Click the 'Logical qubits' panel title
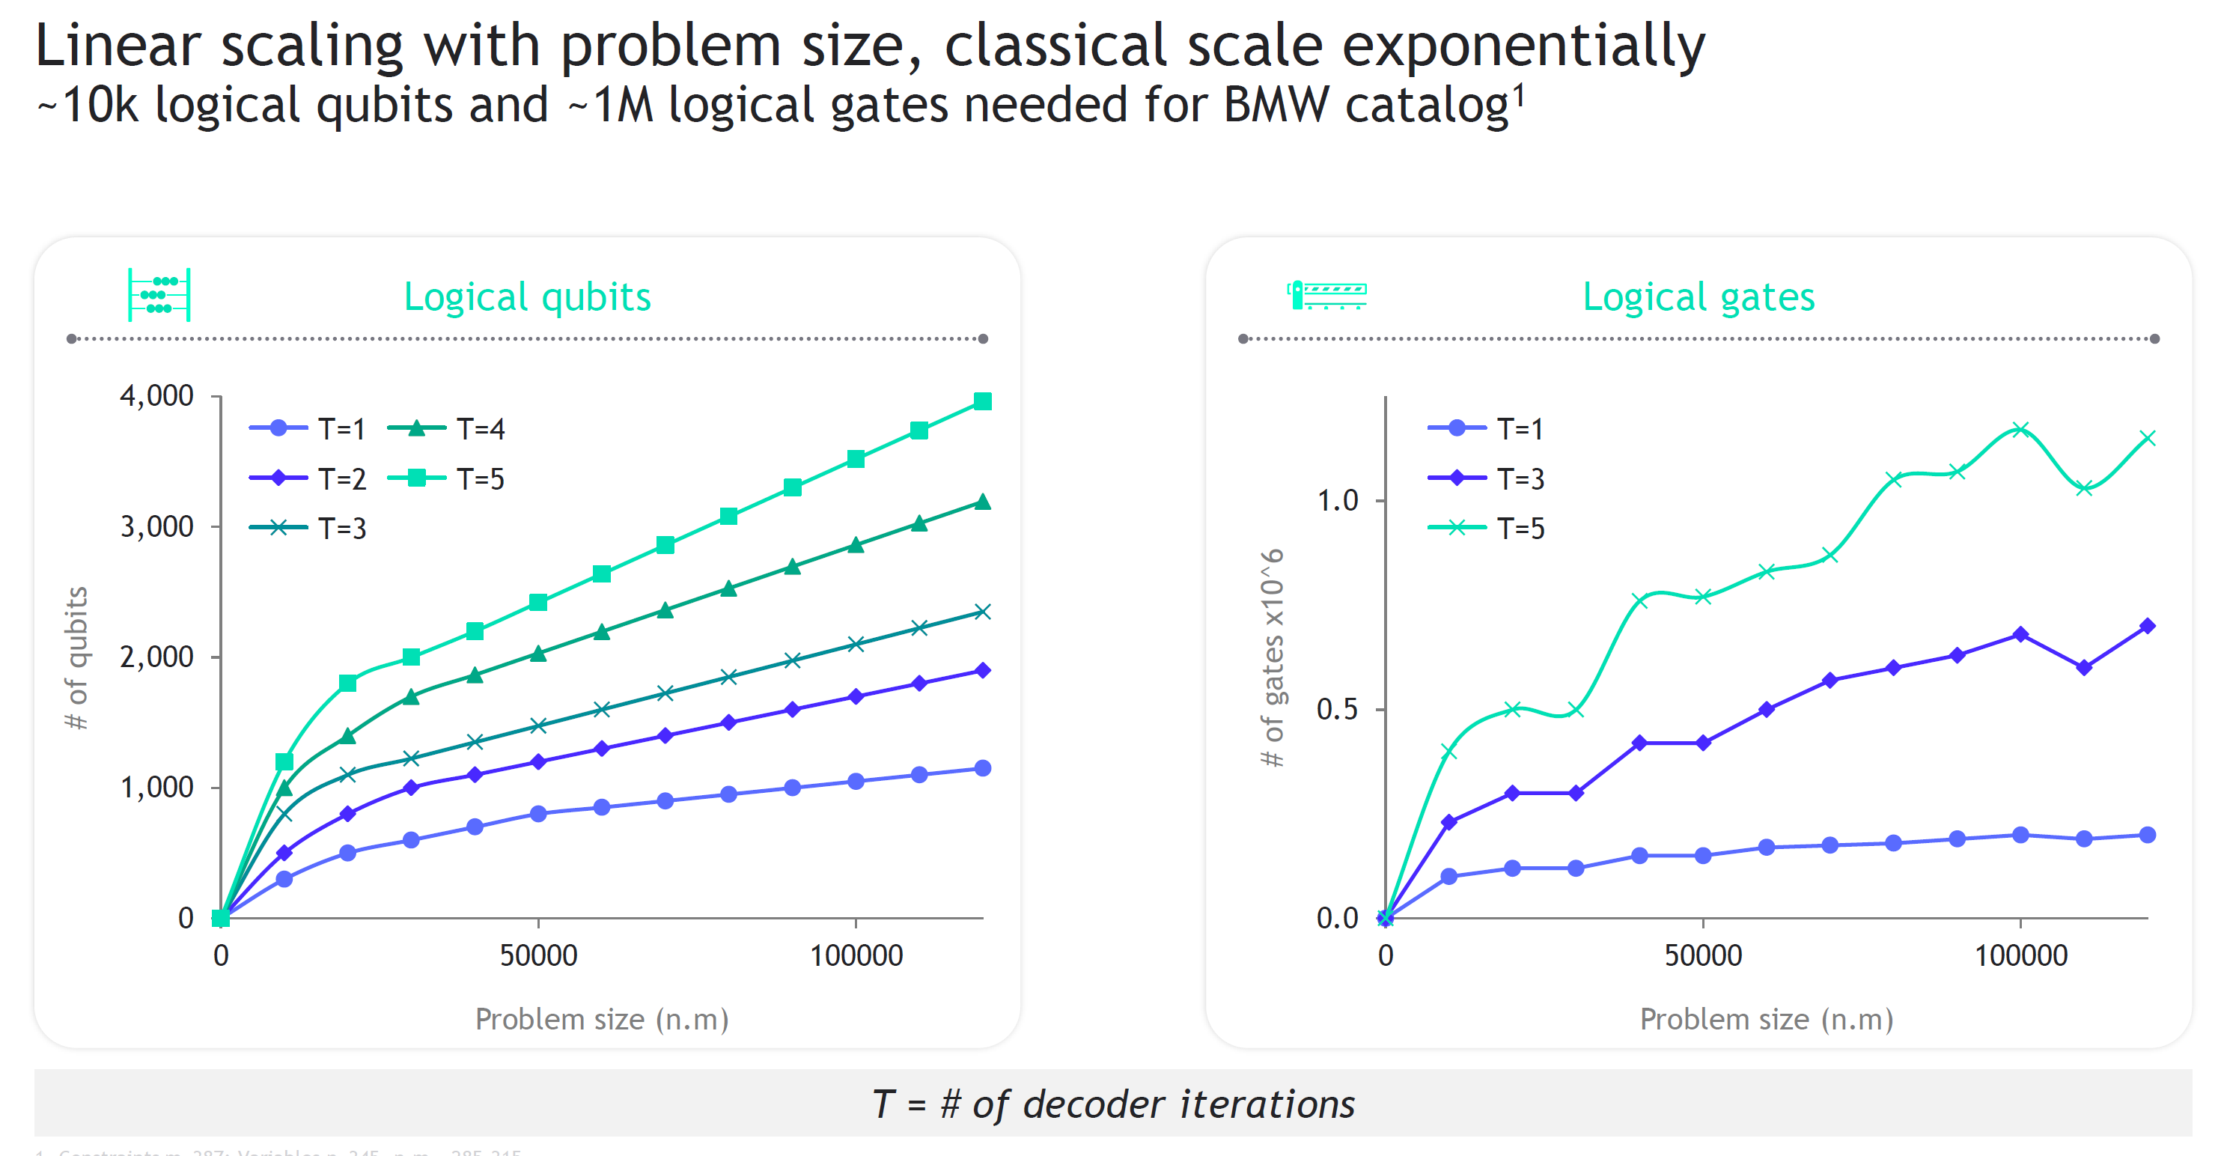tap(527, 296)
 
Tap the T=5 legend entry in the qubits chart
tap(446, 478)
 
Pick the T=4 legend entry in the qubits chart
tap(446, 428)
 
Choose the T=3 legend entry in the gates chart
tap(1486, 478)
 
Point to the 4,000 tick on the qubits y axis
tap(156, 395)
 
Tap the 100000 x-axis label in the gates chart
tap(2020, 955)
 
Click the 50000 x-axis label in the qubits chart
tap(538, 955)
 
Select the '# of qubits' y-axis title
tap(78, 658)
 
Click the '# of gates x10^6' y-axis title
tap(1273, 658)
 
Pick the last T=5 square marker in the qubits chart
tap(981, 401)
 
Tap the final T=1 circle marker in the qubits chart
tap(981, 767)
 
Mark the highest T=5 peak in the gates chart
tap(2020, 429)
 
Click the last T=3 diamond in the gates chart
tap(2147, 626)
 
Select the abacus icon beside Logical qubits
tap(159, 295)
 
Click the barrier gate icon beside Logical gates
tap(1326, 294)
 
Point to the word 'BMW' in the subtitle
tap(1277, 106)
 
